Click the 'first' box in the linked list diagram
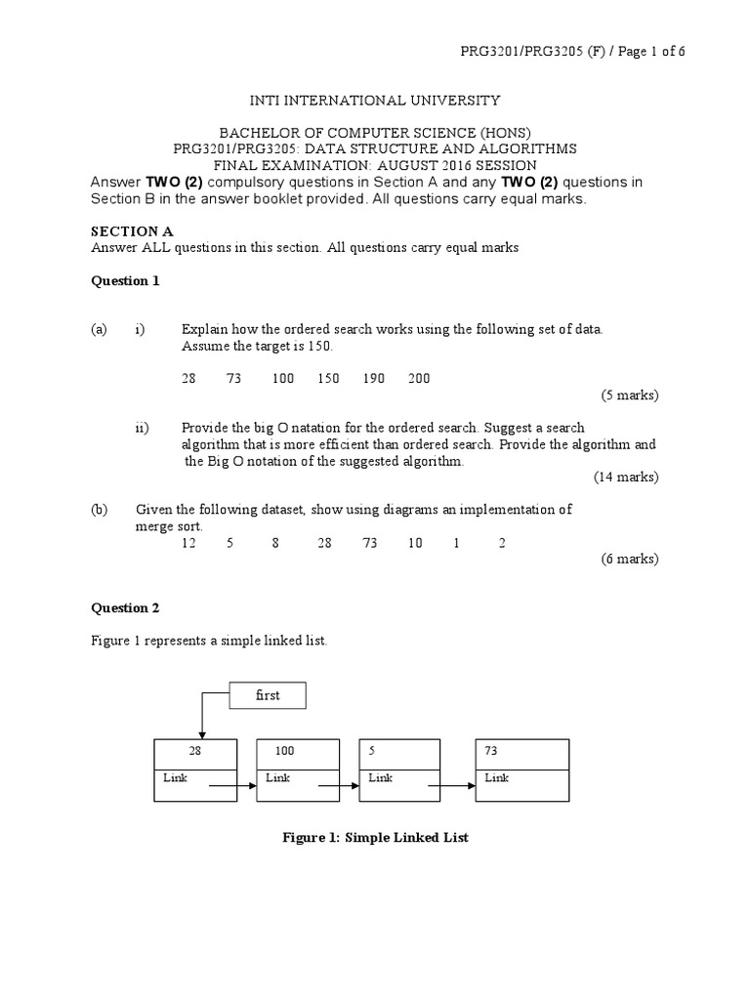[267, 695]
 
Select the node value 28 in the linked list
[195, 752]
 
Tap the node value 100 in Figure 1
[285, 752]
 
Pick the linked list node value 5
[372, 752]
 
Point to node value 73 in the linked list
[491, 752]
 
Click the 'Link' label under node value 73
[496, 777]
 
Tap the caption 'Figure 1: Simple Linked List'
[375, 838]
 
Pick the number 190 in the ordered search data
[373, 378]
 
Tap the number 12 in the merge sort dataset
[189, 543]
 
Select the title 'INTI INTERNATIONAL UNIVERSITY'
[375, 100]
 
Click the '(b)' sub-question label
[99, 509]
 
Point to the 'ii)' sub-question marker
[142, 428]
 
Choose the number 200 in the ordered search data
[418, 378]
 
